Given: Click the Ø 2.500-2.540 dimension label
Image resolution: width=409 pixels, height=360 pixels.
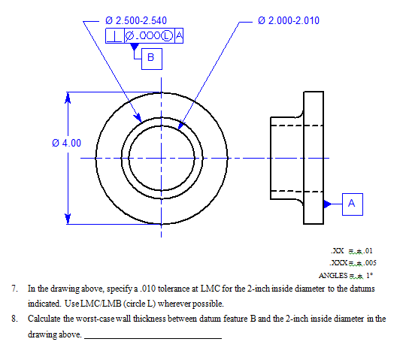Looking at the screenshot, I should click(136, 20).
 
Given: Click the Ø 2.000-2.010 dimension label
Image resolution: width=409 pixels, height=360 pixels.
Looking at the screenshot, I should click(288, 20).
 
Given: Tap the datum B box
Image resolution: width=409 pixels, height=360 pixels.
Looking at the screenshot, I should click(150, 57).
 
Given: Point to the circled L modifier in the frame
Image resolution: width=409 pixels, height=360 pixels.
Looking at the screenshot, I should click(168, 35).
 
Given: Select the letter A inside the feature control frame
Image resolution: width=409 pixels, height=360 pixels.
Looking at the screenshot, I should click(179, 35).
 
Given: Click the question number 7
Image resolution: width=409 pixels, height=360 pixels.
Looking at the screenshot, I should click(14, 289).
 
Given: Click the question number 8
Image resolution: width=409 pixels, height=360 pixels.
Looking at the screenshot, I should click(14, 319).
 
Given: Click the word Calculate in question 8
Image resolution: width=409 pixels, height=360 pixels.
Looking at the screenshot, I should click(44, 319).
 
